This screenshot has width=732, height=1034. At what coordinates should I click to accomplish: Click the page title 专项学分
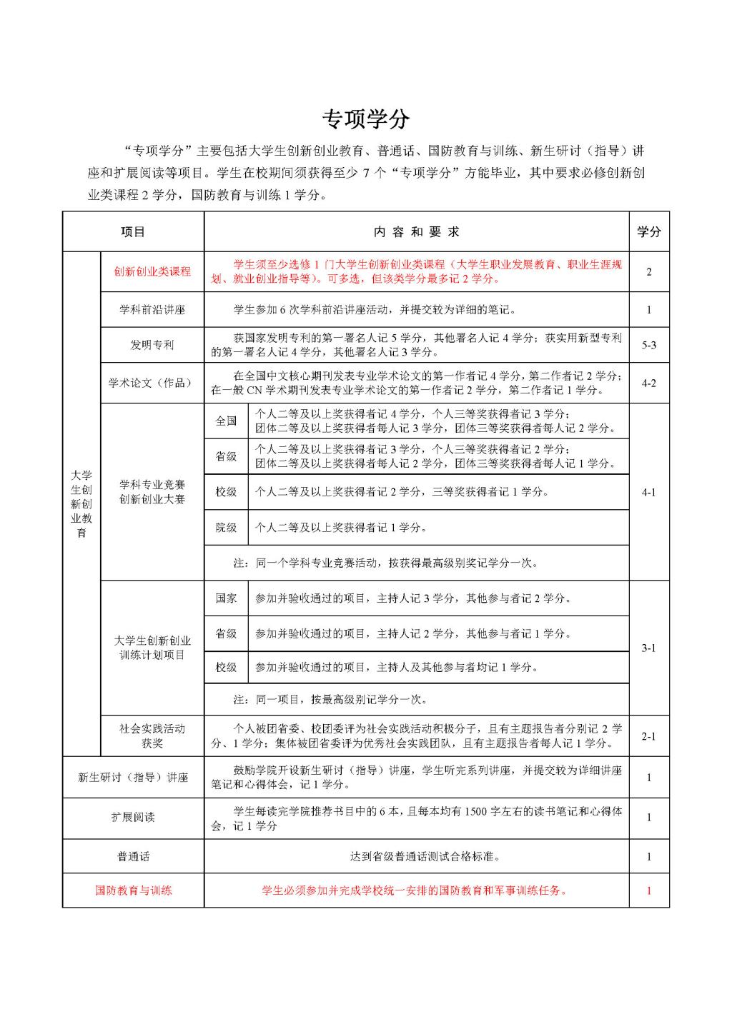coord(365,119)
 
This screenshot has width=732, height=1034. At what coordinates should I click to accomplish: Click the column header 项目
coord(133,232)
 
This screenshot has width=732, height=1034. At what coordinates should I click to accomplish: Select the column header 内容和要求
coord(417,232)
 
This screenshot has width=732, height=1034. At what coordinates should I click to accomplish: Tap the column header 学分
coord(649,232)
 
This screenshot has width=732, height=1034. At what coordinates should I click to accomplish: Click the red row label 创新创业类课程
coord(152,272)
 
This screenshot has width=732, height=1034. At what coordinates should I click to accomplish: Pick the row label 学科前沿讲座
coord(152,310)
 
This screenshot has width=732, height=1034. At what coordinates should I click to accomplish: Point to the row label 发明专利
coord(152,345)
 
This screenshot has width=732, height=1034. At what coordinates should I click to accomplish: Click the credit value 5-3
coord(649,345)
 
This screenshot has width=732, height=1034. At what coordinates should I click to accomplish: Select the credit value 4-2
coord(649,383)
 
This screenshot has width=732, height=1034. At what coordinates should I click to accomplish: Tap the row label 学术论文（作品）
coord(152,383)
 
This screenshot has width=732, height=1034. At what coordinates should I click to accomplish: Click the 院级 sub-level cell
coord(226,528)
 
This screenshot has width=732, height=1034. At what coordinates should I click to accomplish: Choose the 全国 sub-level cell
coord(226,421)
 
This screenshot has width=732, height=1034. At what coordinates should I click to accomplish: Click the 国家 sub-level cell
coord(226,598)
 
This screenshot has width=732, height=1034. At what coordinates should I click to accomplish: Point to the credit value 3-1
coord(649,648)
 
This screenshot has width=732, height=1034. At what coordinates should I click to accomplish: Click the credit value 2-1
coord(649,736)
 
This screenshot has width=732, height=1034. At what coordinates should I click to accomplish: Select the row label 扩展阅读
coord(133,818)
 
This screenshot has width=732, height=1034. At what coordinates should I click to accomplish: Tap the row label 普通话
coord(133,856)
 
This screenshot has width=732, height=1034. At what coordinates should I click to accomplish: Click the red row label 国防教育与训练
coord(133,890)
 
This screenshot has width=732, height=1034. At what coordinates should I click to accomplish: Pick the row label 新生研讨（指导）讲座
coord(133,777)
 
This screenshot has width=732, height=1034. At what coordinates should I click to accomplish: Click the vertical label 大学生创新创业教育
coord(81,504)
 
